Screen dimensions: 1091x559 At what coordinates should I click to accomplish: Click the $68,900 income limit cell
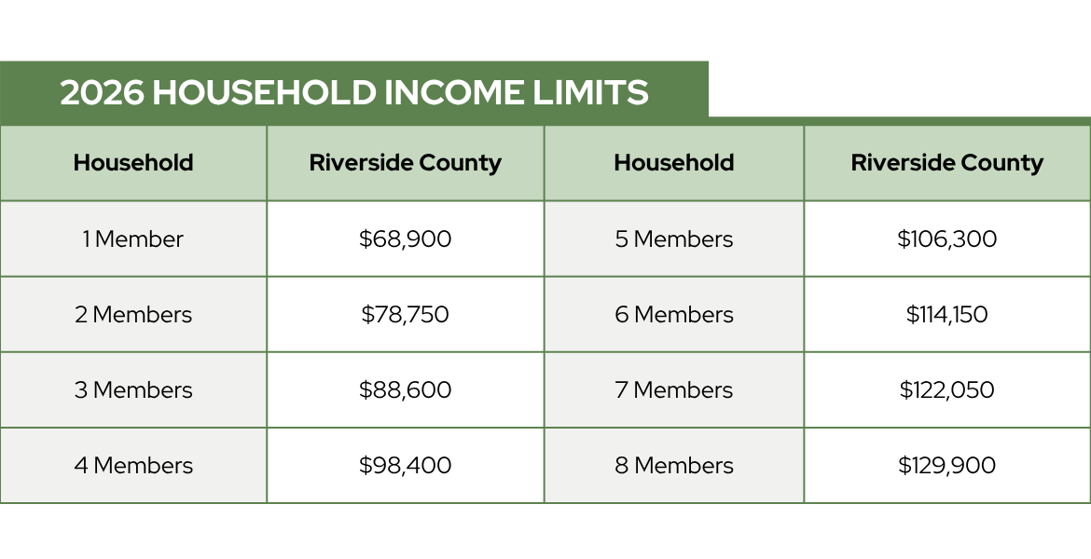point(405,239)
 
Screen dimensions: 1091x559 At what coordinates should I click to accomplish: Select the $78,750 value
point(405,314)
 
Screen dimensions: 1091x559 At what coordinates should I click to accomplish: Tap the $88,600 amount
point(405,389)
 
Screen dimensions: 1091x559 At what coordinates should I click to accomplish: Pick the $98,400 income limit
point(405,465)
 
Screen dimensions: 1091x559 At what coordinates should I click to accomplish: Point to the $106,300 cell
point(947,239)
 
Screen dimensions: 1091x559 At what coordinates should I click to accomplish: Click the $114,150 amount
point(947,314)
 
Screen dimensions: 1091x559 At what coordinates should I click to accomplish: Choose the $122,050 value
point(947,389)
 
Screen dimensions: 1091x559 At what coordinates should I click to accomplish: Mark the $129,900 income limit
point(947,465)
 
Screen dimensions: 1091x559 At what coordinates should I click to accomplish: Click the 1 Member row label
point(133,239)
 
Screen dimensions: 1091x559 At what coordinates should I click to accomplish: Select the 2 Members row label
point(133,314)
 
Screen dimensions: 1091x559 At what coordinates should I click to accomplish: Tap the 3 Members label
point(133,389)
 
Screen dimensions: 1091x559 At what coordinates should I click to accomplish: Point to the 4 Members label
point(133,465)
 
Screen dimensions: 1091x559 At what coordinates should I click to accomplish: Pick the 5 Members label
point(674,239)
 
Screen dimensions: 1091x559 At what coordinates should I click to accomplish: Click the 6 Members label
point(674,314)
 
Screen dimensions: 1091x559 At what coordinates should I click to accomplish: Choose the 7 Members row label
point(674,389)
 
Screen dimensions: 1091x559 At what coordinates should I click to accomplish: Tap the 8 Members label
point(674,465)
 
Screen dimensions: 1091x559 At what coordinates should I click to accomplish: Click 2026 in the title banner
point(103,92)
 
